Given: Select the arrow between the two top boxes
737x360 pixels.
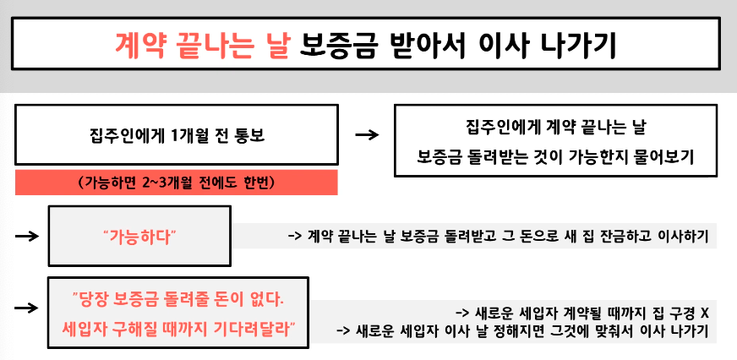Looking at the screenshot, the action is coord(366,135).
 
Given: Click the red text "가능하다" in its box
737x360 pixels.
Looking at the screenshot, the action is coord(138,236).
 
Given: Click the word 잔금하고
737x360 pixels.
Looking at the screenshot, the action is coord(614,236).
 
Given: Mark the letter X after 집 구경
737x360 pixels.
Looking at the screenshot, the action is coord(704,312).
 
